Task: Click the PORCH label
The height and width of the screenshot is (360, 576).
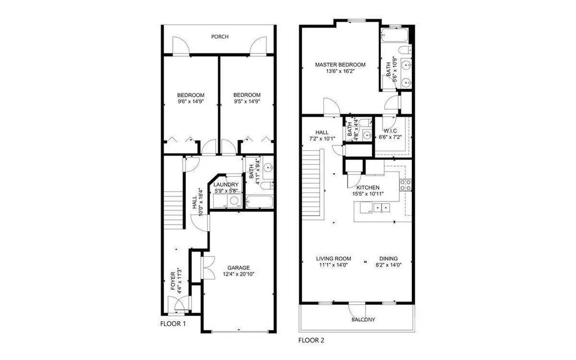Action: click(219, 37)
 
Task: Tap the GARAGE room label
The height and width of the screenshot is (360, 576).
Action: click(238, 268)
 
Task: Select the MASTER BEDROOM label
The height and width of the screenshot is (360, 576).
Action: click(340, 65)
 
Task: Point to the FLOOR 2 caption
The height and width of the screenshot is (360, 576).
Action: click(310, 340)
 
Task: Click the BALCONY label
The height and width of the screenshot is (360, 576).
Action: click(364, 320)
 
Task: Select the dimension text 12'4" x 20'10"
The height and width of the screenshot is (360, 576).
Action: click(238, 274)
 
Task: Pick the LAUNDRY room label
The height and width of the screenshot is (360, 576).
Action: click(226, 184)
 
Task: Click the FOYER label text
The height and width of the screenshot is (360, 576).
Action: click(173, 281)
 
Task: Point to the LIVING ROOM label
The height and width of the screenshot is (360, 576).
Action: click(333, 259)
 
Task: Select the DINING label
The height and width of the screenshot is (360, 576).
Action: click(388, 259)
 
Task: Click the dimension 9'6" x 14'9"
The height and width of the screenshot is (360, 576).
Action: click(191, 102)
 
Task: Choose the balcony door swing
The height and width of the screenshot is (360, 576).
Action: click(357, 310)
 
